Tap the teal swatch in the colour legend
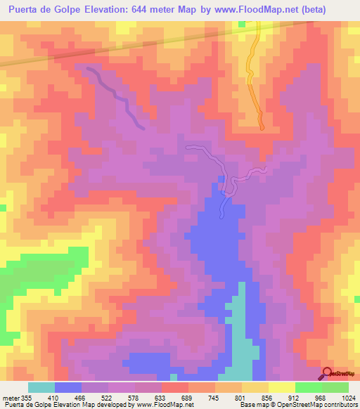point(41,387)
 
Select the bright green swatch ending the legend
point(335,387)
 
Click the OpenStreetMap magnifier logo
point(326,373)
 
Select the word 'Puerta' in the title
point(25,10)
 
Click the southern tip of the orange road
point(262,127)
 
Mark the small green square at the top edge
point(242,23)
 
